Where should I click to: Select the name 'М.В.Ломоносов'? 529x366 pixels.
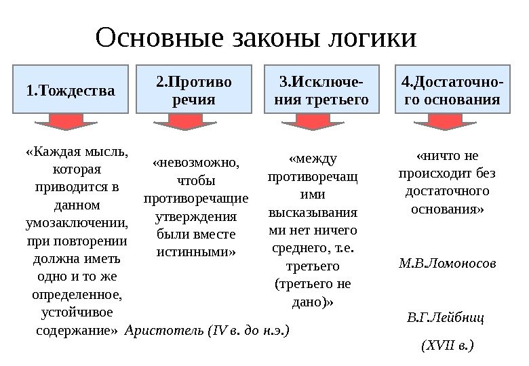click(447, 262)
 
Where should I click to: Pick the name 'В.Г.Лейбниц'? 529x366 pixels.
click(446, 317)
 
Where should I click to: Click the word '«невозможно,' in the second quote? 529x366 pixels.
click(195, 163)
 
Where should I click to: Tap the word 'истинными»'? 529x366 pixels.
click(195, 252)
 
